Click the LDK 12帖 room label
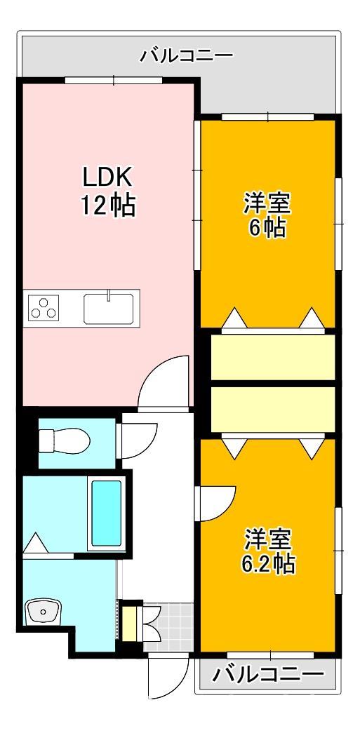click(x=107, y=191)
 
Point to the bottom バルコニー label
click(x=269, y=675)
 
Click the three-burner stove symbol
click(x=44, y=308)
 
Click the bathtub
click(x=106, y=513)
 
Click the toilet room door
click(x=138, y=442)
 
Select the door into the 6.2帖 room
click(x=215, y=504)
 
